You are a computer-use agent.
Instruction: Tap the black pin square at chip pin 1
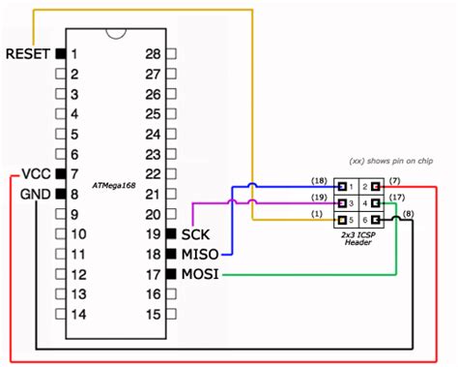click(60, 53)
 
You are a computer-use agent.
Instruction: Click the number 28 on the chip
click(152, 53)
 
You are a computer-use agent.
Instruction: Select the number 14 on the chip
click(79, 315)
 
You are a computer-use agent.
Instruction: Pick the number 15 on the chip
click(152, 315)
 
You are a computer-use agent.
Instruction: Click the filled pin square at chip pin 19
click(172, 234)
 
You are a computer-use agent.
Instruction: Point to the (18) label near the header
click(318, 181)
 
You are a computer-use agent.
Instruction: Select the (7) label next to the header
click(395, 181)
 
